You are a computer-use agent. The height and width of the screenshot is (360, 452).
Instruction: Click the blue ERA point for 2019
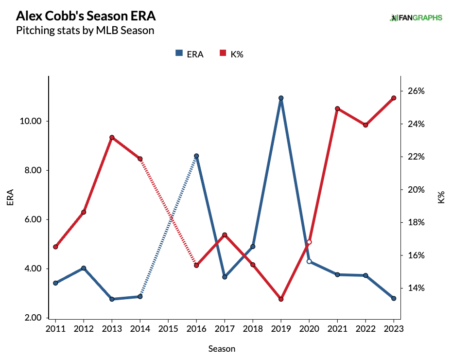tap(281, 98)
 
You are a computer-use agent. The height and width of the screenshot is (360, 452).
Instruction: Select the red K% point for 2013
tap(112, 138)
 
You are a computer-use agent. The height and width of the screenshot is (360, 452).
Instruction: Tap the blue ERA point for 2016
tap(196, 156)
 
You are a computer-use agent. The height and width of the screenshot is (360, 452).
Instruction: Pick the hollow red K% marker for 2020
tap(309, 242)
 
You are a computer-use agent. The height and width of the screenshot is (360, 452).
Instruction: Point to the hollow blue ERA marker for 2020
tap(309, 261)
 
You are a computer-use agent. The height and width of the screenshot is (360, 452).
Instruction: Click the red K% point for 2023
tap(394, 98)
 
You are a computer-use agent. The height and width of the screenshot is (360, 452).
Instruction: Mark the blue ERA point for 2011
tap(55, 283)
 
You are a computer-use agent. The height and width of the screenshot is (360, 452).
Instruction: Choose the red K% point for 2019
tap(281, 299)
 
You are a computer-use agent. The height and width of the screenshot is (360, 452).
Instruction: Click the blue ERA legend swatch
tap(178, 54)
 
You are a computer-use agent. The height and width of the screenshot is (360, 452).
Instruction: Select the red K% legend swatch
tap(224, 54)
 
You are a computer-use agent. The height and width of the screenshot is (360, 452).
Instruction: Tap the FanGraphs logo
tap(416, 18)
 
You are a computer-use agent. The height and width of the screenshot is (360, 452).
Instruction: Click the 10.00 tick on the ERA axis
tap(35, 121)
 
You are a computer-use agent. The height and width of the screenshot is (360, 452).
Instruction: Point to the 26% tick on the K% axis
tap(416, 91)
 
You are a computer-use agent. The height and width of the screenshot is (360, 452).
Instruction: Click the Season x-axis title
tap(222, 349)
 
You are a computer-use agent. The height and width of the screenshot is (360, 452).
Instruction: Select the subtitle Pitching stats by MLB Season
tap(85, 31)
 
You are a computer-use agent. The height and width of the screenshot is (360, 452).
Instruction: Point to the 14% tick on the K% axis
tap(416, 288)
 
